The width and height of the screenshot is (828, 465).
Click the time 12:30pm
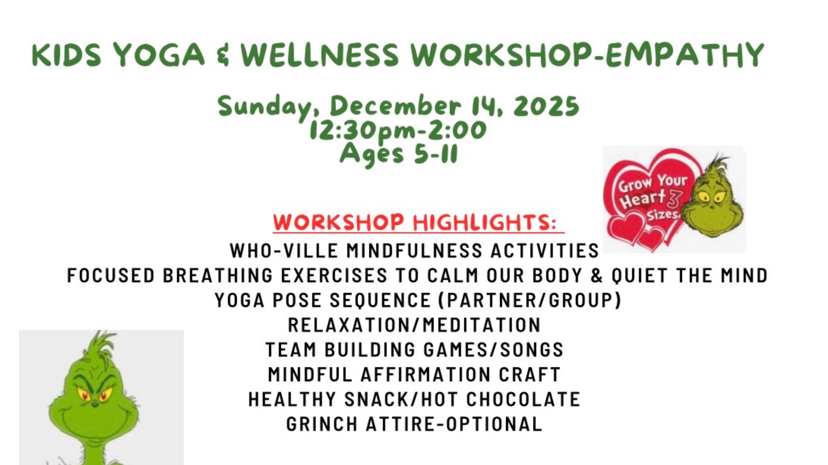pos(350,131)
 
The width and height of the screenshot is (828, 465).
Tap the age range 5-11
pos(436,154)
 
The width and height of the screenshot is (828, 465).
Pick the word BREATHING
pos(218,276)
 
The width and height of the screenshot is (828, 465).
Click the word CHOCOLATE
pos(523,399)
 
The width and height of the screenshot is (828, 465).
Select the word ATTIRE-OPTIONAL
pos(454,424)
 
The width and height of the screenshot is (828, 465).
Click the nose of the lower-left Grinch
pos(95,404)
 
